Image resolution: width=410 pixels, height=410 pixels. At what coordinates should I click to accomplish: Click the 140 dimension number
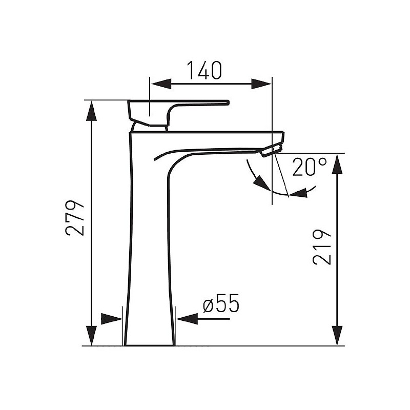pyautogui.click(x=204, y=70)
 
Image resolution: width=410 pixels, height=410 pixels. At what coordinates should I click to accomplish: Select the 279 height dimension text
pyautogui.click(x=75, y=218)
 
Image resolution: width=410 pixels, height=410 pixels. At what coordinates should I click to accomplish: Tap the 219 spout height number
pyautogui.click(x=322, y=248)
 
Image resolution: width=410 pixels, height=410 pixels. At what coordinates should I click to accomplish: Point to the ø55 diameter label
pyautogui.click(x=221, y=303)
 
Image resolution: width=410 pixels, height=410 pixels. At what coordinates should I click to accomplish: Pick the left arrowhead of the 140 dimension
pyautogui.click(x=161, y=84)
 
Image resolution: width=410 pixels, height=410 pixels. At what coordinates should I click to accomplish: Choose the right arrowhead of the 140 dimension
pyautogui.click(x=261, y=84)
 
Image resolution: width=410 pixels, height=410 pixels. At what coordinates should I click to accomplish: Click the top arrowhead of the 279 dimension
pyautogui.click(x=91, y=111)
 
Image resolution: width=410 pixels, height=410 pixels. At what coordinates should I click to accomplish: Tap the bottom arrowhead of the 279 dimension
pyautogui.click(x=91, y=336)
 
